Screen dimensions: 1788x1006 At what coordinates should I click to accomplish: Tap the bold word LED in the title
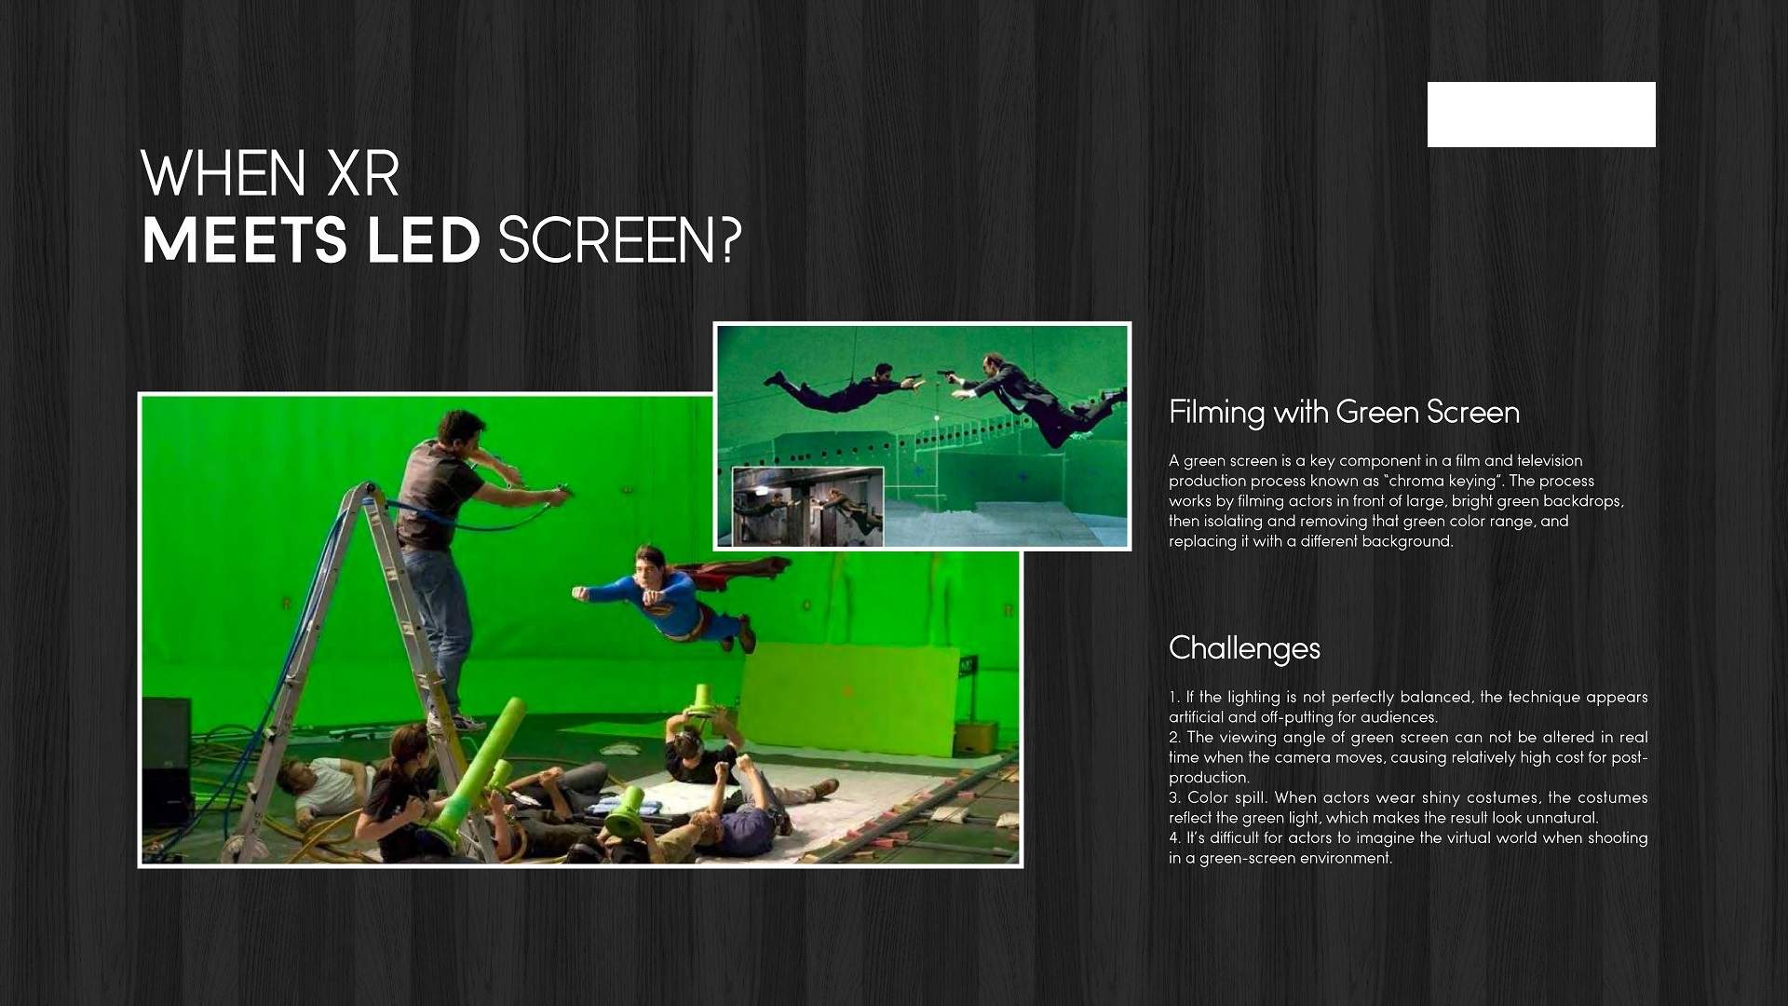click(x=424, y=240)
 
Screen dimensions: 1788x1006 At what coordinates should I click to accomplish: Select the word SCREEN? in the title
click(x=620, y=240)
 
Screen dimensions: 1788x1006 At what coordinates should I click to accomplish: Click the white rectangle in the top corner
click(x=1541, y=115)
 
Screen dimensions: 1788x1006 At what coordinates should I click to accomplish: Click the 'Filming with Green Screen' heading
click(x=1344, y=412)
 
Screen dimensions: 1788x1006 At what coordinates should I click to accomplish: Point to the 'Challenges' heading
click(x=1244, y=648)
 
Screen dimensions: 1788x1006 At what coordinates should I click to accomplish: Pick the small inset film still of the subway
click(x=807, y=507)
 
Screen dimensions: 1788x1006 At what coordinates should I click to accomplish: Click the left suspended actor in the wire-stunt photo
click(x=843, y=387)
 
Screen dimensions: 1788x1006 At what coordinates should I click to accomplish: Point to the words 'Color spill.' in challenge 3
click(x=1226, y=797)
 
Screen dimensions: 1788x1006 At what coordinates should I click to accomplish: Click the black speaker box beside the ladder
click(x=167, y=761)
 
